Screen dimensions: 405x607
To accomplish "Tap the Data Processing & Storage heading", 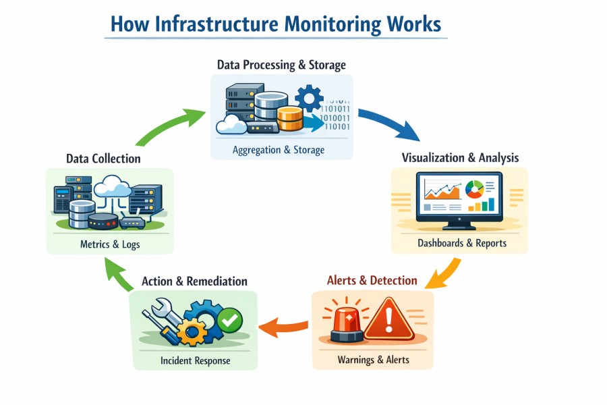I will coord(281,65).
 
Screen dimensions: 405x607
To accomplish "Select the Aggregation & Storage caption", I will coord(279,150).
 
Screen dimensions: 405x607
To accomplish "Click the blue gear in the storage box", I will coord(309,99).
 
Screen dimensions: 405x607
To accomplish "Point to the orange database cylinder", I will coord(290,118).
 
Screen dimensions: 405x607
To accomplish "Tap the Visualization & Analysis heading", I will coord(460,158).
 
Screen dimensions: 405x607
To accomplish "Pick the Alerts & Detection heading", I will coord(372,280).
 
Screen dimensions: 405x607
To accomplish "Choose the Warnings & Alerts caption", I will coord(373,360).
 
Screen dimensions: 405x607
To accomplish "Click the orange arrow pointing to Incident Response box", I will coord(283,327).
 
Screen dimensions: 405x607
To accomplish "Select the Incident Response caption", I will coord(195,360).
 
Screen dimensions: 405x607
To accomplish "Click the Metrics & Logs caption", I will coord(109,244).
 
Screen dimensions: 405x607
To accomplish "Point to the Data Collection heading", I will coord(103,159).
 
